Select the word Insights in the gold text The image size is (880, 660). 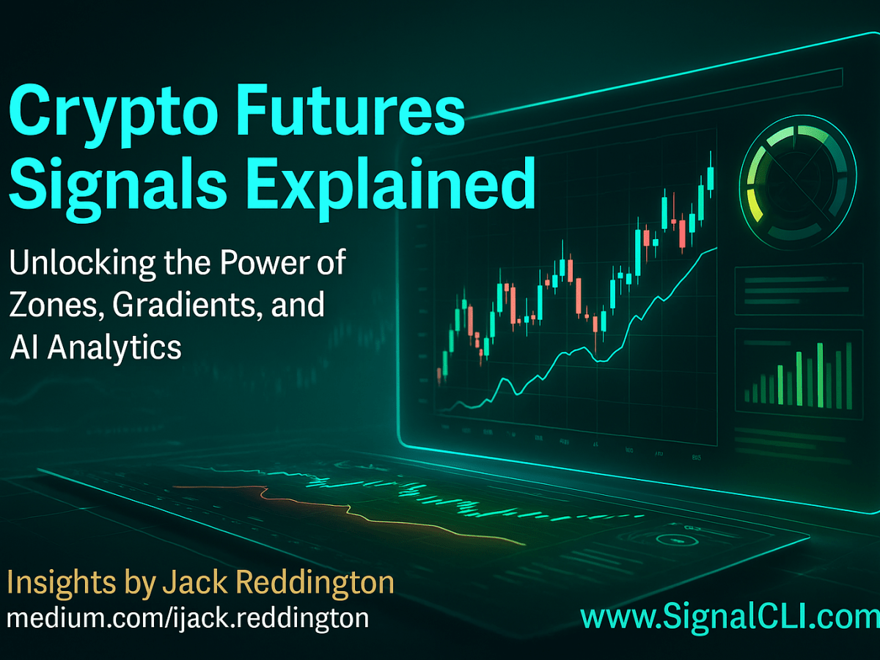(59, 584)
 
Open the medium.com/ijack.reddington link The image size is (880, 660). (187, 618)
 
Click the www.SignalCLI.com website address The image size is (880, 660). (730, 618)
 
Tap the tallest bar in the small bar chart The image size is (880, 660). (819, 373)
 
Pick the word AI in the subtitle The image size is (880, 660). (23, 347)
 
